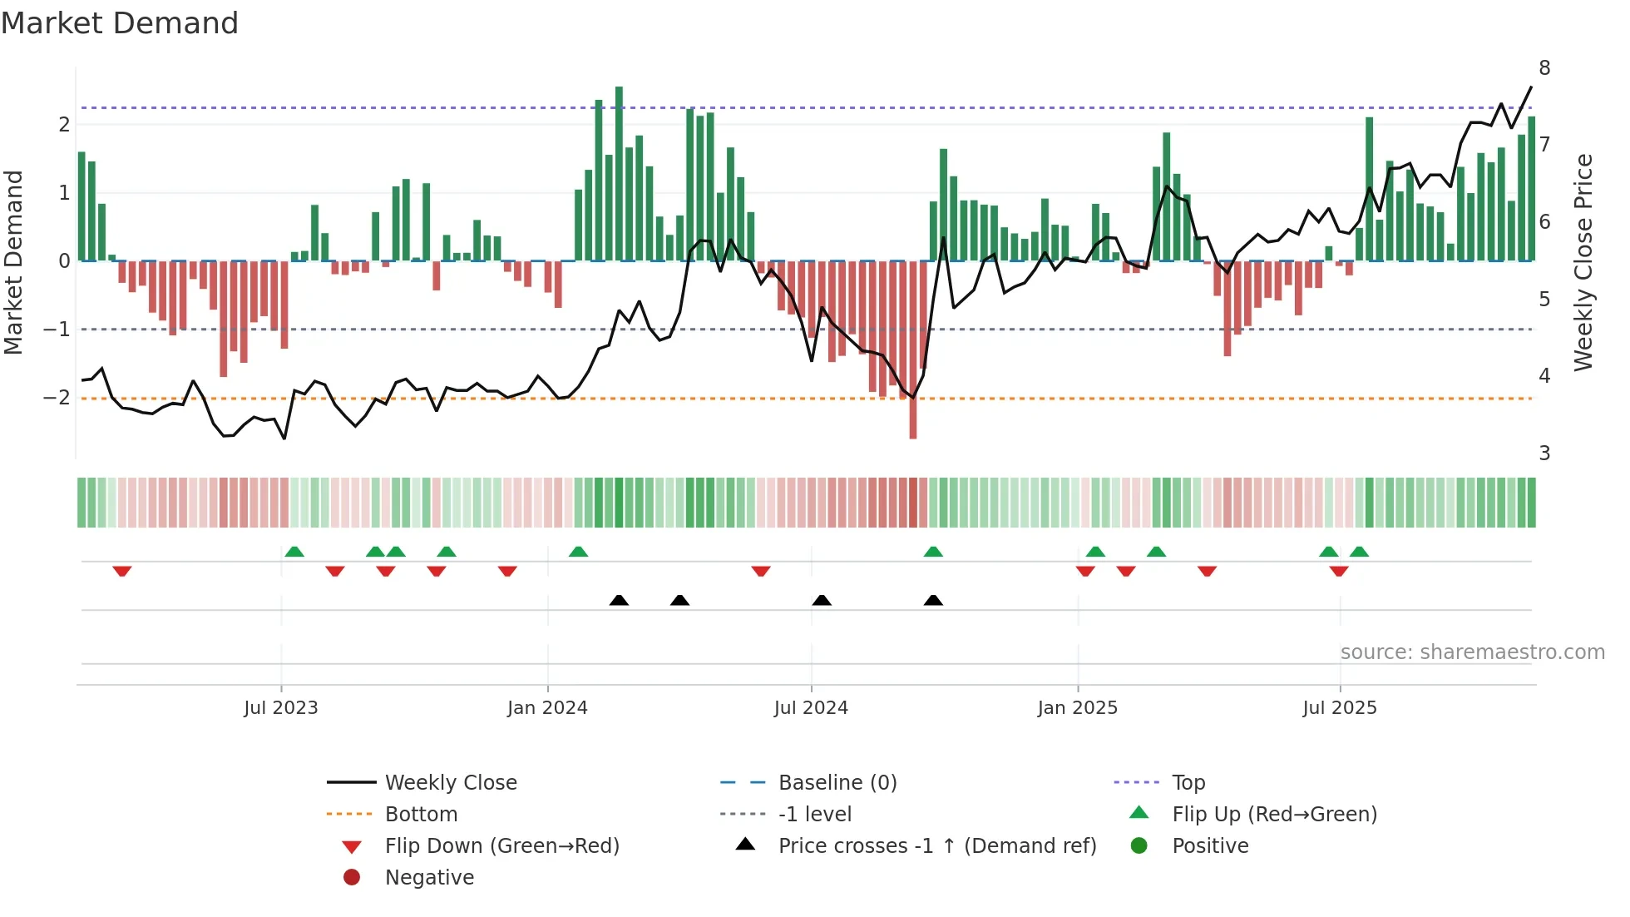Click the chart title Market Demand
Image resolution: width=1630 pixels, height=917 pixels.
click(120, 23)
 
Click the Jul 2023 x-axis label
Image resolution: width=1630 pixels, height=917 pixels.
click(280, 708)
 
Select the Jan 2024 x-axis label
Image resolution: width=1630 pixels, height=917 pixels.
click(547, 708)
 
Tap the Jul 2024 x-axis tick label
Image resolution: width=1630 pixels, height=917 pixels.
click(811, 708)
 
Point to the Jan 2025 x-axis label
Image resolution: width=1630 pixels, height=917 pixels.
click(1078, 708)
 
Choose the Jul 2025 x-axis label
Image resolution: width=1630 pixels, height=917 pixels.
click(1340, 708)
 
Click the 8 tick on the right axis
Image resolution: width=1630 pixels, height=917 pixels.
click(1544, 68)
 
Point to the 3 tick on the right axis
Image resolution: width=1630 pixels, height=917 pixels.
click(1544, 454)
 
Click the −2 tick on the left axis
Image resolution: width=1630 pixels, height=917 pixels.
click(57, 398)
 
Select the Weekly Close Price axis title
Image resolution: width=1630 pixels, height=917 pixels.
click(1583, 262)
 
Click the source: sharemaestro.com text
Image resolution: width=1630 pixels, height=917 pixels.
click(1472, 652)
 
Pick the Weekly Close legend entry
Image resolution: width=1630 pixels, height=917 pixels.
click(451, 783)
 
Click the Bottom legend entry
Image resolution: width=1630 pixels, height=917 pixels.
click(421, 815)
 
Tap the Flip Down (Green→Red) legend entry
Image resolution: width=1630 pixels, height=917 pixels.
click(501, 846)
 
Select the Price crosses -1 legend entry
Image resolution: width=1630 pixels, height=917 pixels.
click(937, 846)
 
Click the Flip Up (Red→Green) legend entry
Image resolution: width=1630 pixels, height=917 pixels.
click(1274, 815)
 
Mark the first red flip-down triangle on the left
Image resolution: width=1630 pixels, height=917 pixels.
click(122, 571)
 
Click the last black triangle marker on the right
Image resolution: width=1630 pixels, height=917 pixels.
click(933, 600)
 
